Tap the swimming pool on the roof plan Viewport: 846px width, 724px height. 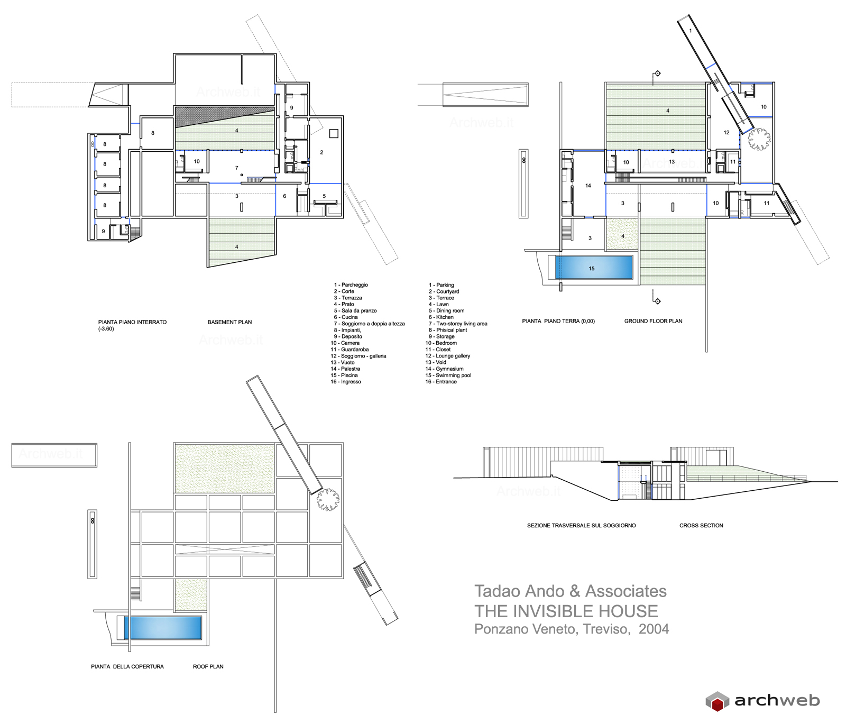(x=163, y=628)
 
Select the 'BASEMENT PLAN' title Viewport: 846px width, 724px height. (x=229, y=322)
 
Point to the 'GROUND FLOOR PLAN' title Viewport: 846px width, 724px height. (x=653, y=321)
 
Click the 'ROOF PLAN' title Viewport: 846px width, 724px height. (x=208, y=667)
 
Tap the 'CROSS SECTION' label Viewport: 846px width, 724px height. (x=701, y=526)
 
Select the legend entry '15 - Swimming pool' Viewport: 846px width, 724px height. (x=448, y=375)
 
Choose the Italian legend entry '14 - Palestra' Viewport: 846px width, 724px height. (x=345, y=369)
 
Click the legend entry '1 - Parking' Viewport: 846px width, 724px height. (x=441, y=285)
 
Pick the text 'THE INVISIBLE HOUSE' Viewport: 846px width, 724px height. (x=566, y=611)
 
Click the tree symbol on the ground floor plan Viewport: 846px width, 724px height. (x=759, y=139)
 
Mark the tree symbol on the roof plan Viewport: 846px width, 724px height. (x=328, y=499)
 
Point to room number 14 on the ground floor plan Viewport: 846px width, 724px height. (x=588, y=186)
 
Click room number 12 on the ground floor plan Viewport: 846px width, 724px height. (x=727, y=133)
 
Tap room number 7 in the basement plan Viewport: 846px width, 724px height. (x=237, y=168)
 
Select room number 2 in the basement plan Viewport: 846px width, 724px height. (x=321, y=152)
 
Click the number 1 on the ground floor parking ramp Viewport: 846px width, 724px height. (x=690, y=31)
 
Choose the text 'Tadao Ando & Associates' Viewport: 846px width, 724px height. (x=571, y=591)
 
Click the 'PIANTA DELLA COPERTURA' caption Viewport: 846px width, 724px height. (x=127, y=667)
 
